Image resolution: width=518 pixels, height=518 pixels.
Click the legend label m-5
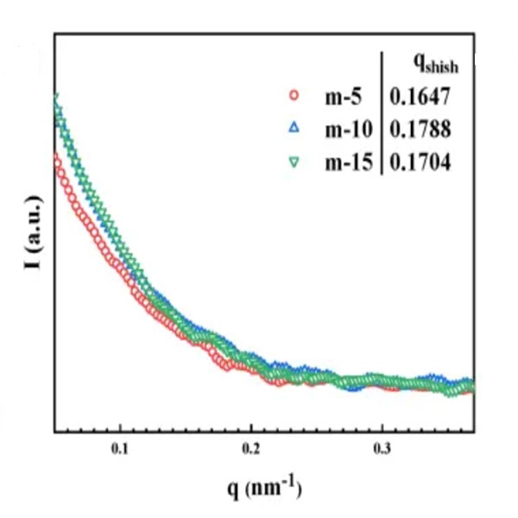(x=343, y=97)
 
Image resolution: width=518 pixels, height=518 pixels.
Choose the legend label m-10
(x=348, y=129)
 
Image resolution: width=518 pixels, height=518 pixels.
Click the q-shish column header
(x=433, y=64)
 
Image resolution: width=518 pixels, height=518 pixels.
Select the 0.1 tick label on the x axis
(x=120, y=450)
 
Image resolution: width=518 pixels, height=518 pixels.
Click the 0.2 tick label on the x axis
(x=250, y=450)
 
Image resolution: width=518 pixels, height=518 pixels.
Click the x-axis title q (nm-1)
(x=262, y=490)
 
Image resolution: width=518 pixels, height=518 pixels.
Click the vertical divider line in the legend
(x=381, y=112)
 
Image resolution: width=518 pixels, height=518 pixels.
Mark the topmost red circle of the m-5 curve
(x=55, y=158)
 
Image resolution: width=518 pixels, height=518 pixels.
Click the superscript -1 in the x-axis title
(x=294, y=483)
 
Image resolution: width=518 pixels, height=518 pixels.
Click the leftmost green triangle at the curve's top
(x=56, y=99)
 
